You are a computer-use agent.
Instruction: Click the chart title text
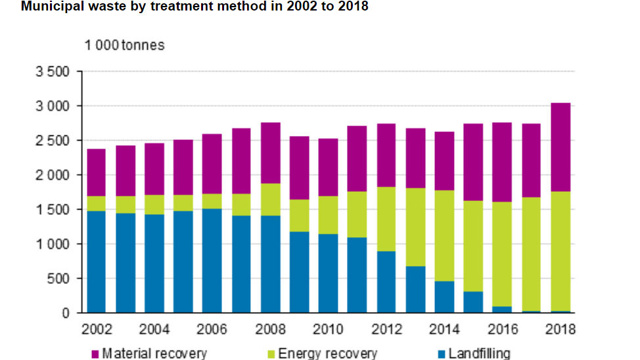[x=186, y=7]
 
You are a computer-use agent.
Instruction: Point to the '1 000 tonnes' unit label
[x=124, y=45]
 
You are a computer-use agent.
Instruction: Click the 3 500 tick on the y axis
[x=55, y=72]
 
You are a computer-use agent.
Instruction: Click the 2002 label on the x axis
[x=96, y=329]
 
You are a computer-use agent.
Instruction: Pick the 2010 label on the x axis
[x=327, y=329]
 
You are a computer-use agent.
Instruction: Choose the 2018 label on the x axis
[x=560, y=329]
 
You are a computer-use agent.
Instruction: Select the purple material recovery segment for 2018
[x=560, y=147]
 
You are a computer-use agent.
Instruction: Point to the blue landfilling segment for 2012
[x=386, y=282]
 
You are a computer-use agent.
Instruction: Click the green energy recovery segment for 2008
[x=270, y=200]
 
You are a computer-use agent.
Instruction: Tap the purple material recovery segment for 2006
[x=212, y=164]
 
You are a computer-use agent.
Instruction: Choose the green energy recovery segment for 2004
[x=154, y=205]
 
